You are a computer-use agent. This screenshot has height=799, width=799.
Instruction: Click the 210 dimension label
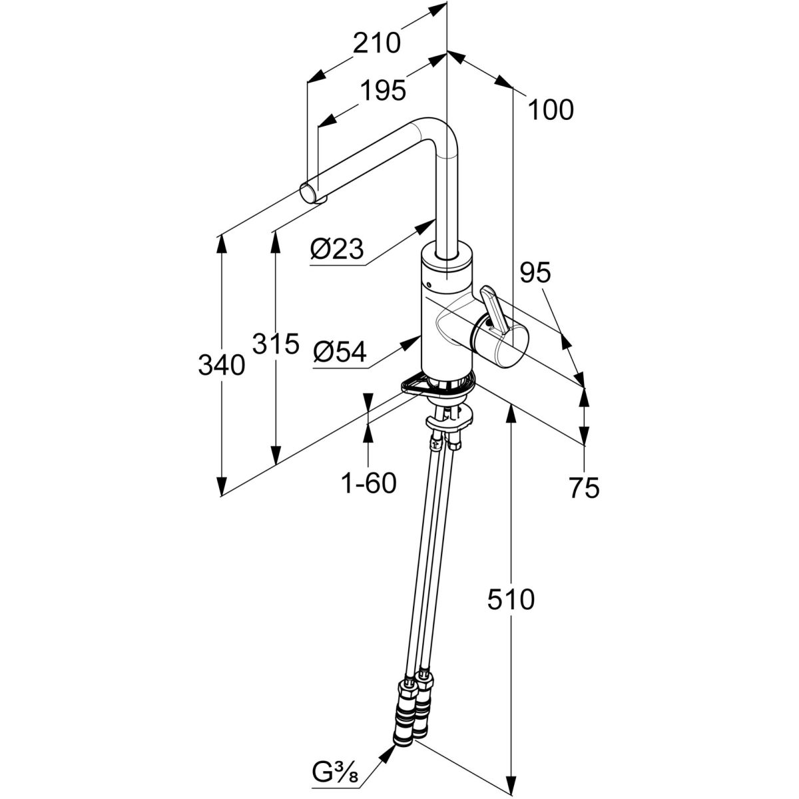(x=377, y=43)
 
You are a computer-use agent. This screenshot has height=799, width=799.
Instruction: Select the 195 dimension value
(x=382, y=90)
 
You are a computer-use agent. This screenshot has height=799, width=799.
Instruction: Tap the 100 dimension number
(x=550, y=110)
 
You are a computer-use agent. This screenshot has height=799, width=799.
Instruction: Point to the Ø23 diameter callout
(x=337, y=250)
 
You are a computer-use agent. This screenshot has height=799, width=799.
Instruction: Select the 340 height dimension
(x=222, y=364)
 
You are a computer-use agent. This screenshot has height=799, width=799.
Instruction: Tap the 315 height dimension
(x=274, y=344)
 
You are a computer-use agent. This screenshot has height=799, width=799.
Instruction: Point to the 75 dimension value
(x=584, y=488)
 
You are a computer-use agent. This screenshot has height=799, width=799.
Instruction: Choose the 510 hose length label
(x=511, y=600)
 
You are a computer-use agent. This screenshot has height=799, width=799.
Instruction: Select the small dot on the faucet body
(x=429, y=286)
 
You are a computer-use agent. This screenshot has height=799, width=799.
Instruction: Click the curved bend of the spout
(x=433, y=130)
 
